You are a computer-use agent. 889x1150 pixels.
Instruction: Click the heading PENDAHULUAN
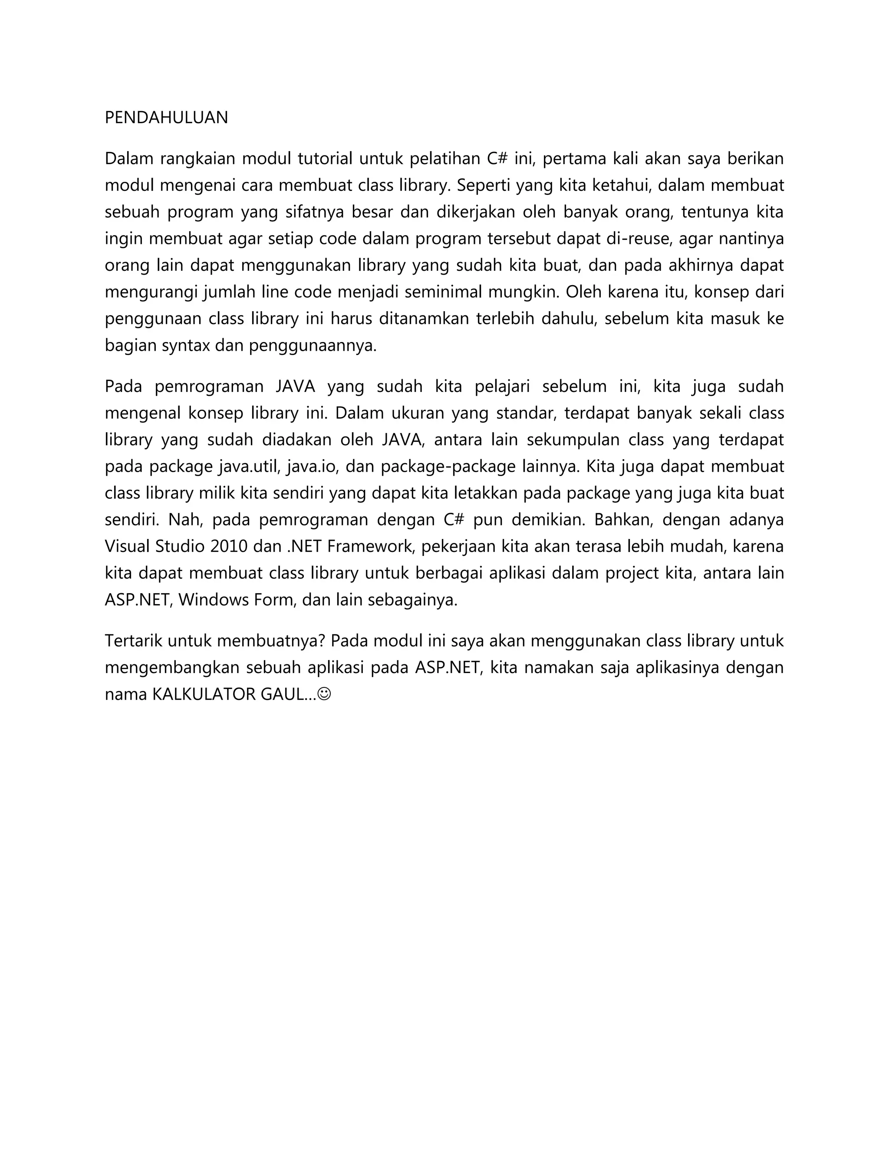point(166,118)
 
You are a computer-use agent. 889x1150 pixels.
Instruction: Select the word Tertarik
point(134,641)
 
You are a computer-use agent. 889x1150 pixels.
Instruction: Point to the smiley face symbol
point(325,694)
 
